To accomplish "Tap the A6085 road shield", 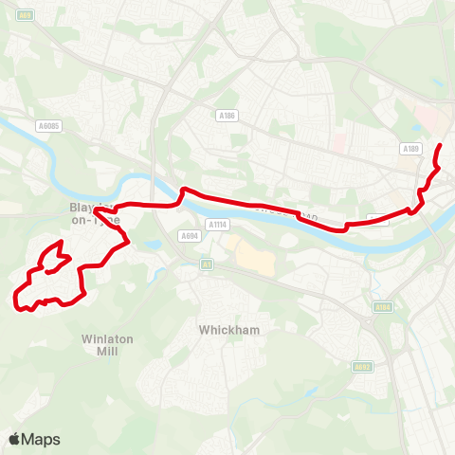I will click(x=48, y=125).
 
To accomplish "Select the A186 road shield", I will click(x=226, y=116).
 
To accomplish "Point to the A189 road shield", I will click(x=410, y=149).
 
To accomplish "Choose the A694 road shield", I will click(x=188, y=236).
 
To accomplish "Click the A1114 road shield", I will click(x=218, y=225).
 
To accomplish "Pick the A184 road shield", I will click(x=383, y=307).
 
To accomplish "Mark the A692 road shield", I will click(x=361, y=366).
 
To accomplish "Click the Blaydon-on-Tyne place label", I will click(x=95, y=213).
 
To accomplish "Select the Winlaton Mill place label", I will click(x=100, y=344).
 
